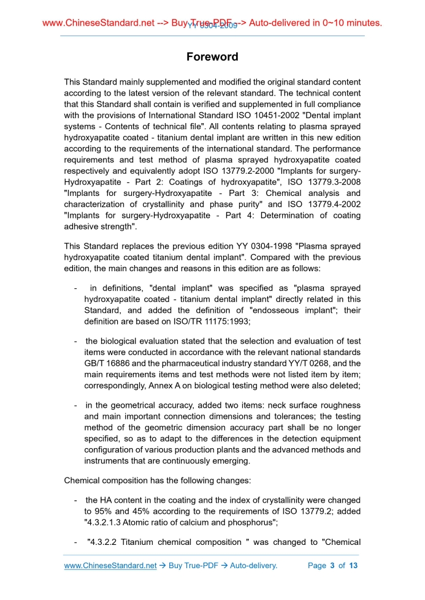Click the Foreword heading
(212, 57)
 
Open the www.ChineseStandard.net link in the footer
(110, 566)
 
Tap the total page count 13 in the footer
(353, 566)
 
